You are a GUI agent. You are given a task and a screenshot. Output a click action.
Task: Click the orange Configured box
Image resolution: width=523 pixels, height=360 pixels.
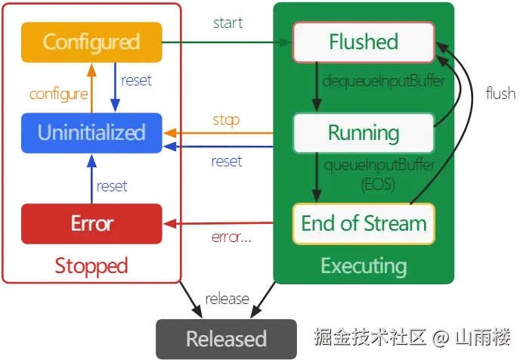91,41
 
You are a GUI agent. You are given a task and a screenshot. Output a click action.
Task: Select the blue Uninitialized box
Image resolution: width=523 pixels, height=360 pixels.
91,133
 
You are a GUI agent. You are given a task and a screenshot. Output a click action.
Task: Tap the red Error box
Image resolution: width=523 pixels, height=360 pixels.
91,223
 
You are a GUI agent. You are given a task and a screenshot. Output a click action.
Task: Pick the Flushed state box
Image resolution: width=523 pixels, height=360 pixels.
364,41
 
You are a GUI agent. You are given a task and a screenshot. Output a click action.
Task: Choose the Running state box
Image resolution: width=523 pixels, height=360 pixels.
364,133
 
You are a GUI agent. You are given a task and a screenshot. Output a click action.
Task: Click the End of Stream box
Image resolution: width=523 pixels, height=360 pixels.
364,223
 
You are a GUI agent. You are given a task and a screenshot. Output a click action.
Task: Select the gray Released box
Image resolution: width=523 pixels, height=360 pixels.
226,338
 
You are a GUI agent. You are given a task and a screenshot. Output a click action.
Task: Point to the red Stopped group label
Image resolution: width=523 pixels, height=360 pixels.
91,265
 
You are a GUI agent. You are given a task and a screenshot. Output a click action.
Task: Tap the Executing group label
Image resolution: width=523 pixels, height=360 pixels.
364,265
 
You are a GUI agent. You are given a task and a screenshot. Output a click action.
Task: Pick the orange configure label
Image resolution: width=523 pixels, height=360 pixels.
58,95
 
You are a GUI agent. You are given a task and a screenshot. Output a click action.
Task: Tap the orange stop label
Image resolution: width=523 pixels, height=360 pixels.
226,120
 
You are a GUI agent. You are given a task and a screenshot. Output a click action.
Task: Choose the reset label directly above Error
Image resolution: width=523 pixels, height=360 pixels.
114,186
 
